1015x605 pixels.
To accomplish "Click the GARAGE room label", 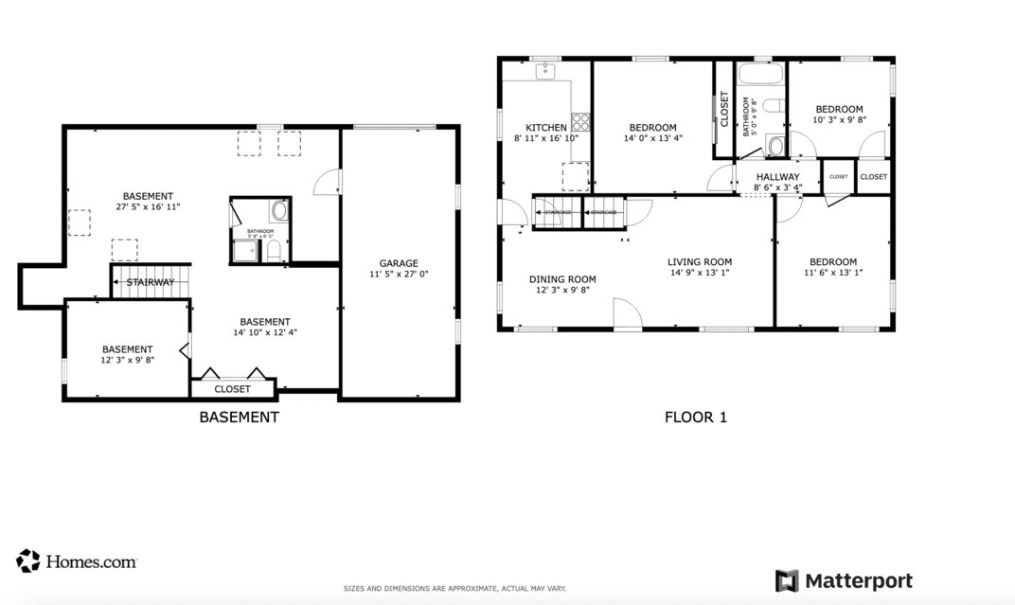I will (x=399, y=264).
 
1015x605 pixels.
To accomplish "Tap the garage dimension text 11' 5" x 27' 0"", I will (x=399, y=275).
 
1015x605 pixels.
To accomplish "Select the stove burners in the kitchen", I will (x=580, y=121).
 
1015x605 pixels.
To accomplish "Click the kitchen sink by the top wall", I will (x=546, y=71).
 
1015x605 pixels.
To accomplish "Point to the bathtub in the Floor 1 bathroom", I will (x=761, y=75).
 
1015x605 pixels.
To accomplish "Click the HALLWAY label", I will (x=777, y=177).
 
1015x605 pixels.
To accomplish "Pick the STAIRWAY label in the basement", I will (x=151, y=282).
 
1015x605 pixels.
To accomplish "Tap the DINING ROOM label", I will (x=562, y=279).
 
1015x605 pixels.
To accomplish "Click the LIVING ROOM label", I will (x=700, y=262).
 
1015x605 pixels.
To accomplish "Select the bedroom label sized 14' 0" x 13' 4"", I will (x=652, y=128).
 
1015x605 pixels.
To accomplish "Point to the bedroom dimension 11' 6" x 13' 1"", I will (x=833, y=273).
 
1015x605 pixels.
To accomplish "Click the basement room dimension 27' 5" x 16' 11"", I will (x=148, y=206).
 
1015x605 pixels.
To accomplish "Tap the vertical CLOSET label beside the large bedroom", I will (x=725, y=110).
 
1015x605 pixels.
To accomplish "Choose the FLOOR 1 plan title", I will (x=696, y=417).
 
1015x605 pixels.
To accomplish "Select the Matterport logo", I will (x=844, y=580).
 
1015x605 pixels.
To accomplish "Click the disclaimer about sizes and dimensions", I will (x=454, y=589).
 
